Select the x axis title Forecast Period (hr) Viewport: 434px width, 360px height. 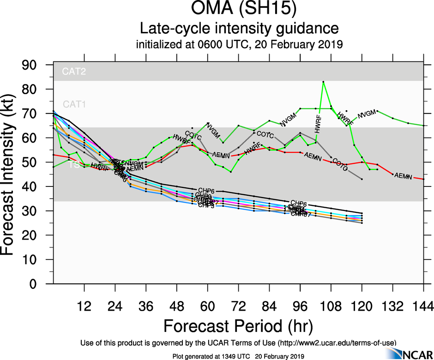tap(238, 326)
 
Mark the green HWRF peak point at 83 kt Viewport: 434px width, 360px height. tap(323, 82)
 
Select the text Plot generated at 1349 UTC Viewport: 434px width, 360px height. tap(206, 356)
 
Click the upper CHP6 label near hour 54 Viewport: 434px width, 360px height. tap(206, 190)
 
